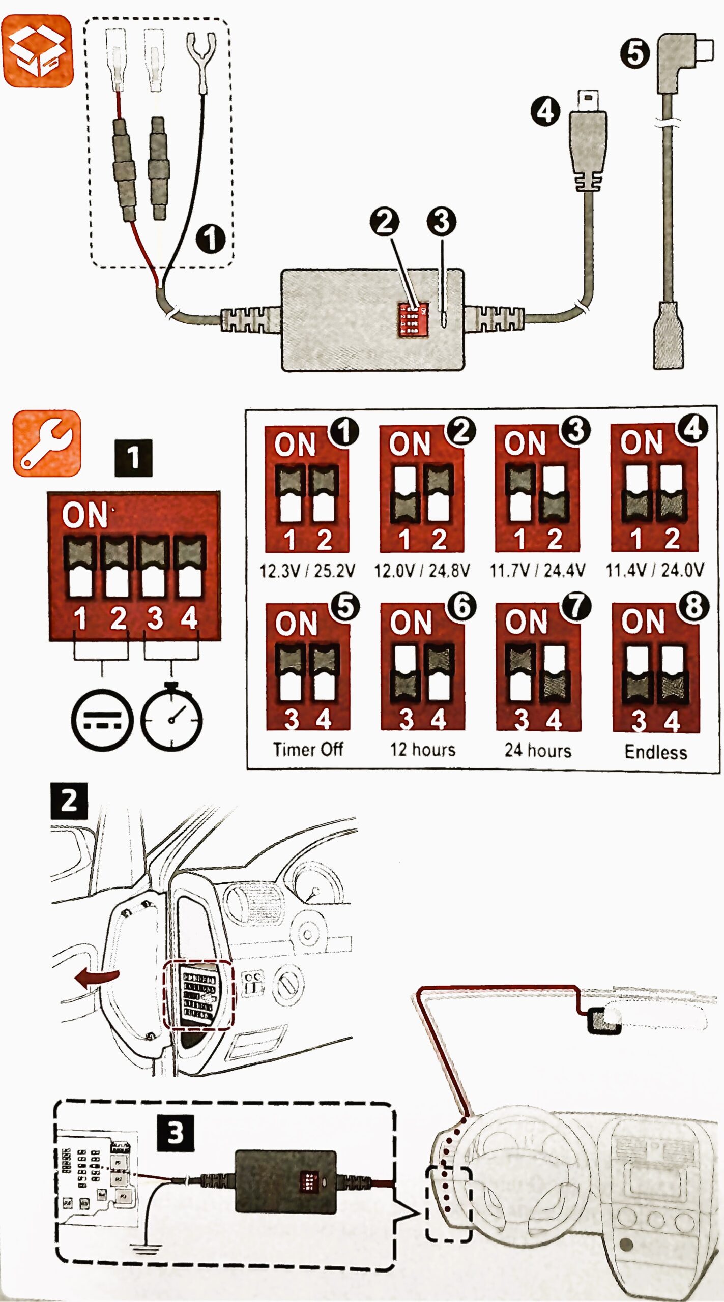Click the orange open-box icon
pyautogui.click(x=38, y=51)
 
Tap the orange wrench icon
pyautogui.click(x=47, y=443)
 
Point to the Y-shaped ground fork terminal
pyautogui.click(x=201, y=58)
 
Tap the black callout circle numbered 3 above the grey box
pyautogui.click(x=441, y=221)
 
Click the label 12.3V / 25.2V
pyautogui.click(x=307, y=571)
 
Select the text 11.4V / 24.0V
pyautogui.click(x=655, y=570)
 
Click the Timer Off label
pyautogui.click(x=308, y=749)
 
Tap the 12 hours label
pyautogui.click(x=423, y=750)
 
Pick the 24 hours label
pyautogui.click(x=538, y=751)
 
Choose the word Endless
pyautogui.click(x=656, y=752)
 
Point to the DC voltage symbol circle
pyautogui.click(x=102, y=720)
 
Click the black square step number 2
pyautogui.click(x=69, y=801)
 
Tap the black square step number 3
pyautogui.click(x=175, y=1133)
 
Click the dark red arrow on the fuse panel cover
pyautogui.click(x=97, y=976)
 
